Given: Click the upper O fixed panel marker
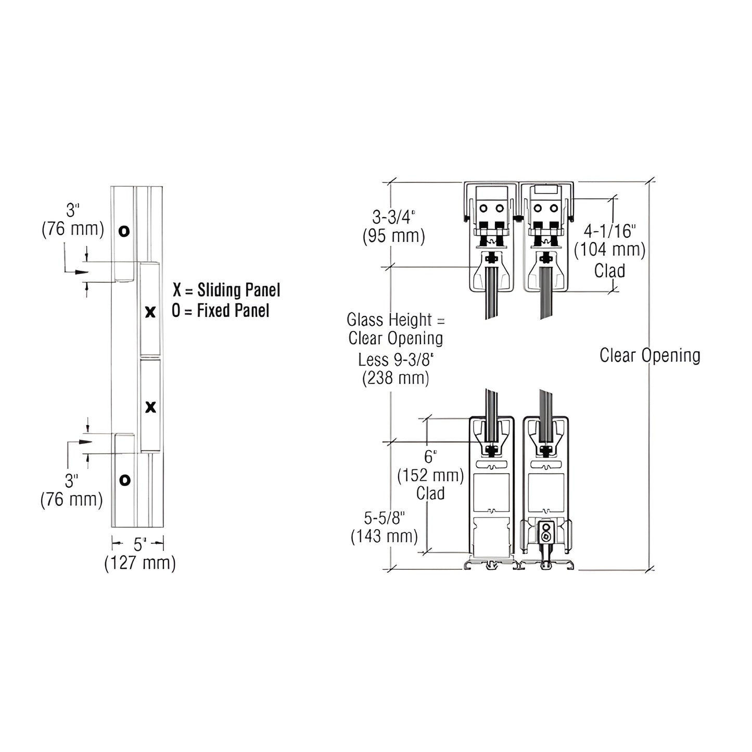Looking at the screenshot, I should pos(124,231).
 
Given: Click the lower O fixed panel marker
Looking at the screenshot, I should pos(124,480).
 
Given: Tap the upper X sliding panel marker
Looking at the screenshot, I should pos(150,312).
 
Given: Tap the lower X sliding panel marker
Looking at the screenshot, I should pos(150,407).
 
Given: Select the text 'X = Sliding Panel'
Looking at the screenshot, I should pos(226,290).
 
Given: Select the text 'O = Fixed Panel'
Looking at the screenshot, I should pos(221,311).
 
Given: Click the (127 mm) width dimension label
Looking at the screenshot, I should pos(140,563).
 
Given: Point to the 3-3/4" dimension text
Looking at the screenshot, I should pos(394,216).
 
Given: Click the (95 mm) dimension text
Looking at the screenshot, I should pos(394,236).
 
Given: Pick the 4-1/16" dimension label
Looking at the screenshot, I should pos(610,230).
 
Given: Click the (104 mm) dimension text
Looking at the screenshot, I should pos(610,250).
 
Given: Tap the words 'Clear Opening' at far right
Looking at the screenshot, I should pos(650,355).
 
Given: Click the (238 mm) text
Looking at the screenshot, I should pos(396,378).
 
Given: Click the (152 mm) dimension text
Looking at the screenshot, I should pos(430,475).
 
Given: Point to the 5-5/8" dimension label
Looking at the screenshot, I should pos(384,518).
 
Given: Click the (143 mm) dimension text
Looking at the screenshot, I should pos(384,536).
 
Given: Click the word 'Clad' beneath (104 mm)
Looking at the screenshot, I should pos(610,271).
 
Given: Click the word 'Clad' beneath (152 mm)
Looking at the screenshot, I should pos(430,493).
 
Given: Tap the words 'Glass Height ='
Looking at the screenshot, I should pos(396,319).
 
